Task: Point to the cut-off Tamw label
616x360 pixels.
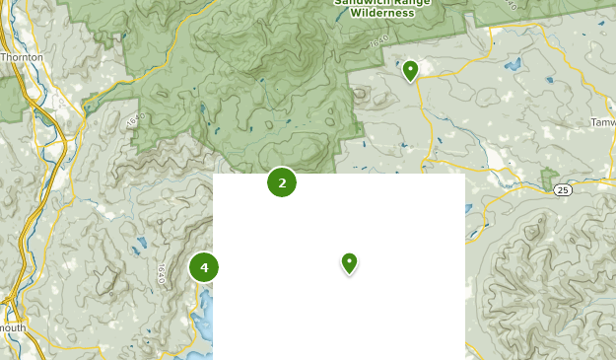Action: click(x=602, y=122)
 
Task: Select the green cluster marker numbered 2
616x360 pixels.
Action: click(x=282, y=182)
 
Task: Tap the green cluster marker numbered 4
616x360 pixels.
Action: click(x=204, y=267)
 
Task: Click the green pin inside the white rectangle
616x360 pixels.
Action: click(x=349, y=262)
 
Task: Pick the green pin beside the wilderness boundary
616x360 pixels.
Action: click(x=410, y=70)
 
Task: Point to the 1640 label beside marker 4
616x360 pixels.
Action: click(x=161, y=273)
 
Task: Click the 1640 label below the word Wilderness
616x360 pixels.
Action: click(x=377, y=44)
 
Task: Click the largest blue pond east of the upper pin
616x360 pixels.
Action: click(x=512, y=64)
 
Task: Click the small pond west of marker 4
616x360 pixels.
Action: click(x=140, y=243)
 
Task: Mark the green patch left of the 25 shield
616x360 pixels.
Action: click(x=548, y=180)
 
